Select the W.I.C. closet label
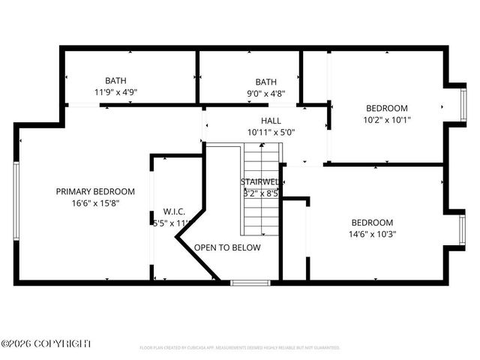pos(174,211)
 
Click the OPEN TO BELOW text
pos(227,247)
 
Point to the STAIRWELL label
pos(260,182)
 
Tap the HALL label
pos(271,121)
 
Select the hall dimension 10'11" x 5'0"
pos(271,132)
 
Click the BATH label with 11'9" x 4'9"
pos(115,81)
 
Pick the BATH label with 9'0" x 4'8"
pos(265,82)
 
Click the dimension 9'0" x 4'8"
pos(265,93)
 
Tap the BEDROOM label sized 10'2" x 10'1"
pos(386,108)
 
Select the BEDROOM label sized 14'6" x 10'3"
pos(372,223)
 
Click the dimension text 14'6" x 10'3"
pos(372,234)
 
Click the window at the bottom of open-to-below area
pos(250,283)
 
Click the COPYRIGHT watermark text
pos(46,343)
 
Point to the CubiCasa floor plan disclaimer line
pos(240,348)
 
